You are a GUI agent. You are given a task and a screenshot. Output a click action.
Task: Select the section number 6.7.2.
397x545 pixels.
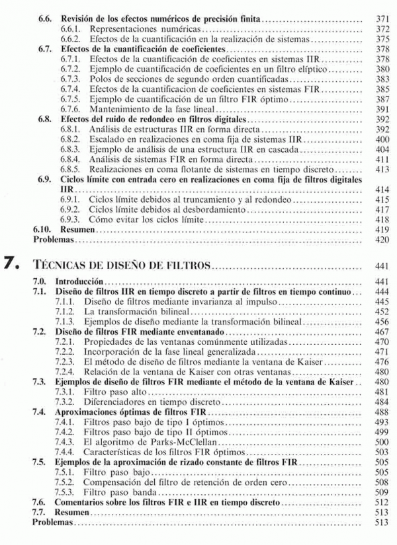69,69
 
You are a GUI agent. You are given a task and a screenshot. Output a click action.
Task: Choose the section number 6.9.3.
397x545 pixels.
69,219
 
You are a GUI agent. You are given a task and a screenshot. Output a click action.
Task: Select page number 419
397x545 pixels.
381,229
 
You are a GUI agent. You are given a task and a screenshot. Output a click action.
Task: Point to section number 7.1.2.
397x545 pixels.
69,311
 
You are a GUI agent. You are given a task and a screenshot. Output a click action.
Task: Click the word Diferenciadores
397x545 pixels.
117,402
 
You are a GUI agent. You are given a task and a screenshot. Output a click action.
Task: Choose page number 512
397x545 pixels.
381,502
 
